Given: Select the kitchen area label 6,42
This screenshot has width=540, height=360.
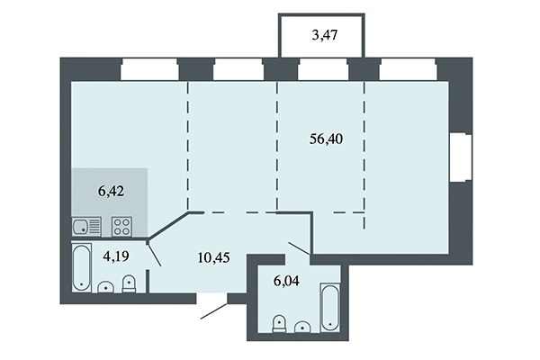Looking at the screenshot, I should [x=110, y=191].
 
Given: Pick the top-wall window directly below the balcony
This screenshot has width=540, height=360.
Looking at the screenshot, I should [x=323, y=68].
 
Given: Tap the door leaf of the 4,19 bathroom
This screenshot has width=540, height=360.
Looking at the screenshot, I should [x=155, y=255].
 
